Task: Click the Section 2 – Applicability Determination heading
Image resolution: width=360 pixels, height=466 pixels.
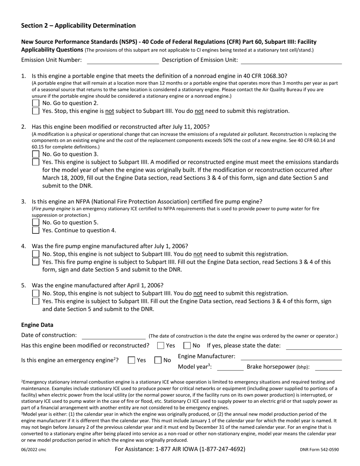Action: tap(78, 26)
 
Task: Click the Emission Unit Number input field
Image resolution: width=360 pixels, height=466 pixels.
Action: tap(122, 60)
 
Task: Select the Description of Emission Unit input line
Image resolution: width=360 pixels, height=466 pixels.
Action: tap(291, 60)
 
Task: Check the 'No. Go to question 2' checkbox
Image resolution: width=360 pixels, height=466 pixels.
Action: tap(36, 103)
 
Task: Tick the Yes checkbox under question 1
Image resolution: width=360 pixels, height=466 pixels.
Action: tap(36, 111)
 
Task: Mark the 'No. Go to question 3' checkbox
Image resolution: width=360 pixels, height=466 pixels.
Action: tap(36, 154)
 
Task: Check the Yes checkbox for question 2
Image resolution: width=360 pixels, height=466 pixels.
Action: tap(36, 162)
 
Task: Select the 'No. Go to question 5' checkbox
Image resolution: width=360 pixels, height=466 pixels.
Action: tap(36, 222)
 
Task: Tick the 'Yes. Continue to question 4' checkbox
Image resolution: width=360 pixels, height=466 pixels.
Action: tap(36, 230)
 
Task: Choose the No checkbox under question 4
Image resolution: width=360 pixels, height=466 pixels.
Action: tap(36, 254)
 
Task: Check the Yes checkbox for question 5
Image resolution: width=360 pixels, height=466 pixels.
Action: tap(36, 301)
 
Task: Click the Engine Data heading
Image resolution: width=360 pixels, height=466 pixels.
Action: tap(37, 325)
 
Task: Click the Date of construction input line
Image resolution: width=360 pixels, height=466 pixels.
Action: tap(113, 336)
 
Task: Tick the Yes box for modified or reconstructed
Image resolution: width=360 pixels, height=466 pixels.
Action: tap(161, 346)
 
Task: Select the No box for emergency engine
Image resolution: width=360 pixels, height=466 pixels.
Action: tap(158, 361)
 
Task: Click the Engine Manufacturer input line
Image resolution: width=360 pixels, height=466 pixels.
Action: tap(291, 357)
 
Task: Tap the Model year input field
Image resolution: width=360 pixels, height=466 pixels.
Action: tap(230, 367)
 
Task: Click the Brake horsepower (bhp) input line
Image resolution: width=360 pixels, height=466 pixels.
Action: tap(328, 367)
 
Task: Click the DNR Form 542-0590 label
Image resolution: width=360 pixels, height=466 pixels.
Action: tap(319, 450)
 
